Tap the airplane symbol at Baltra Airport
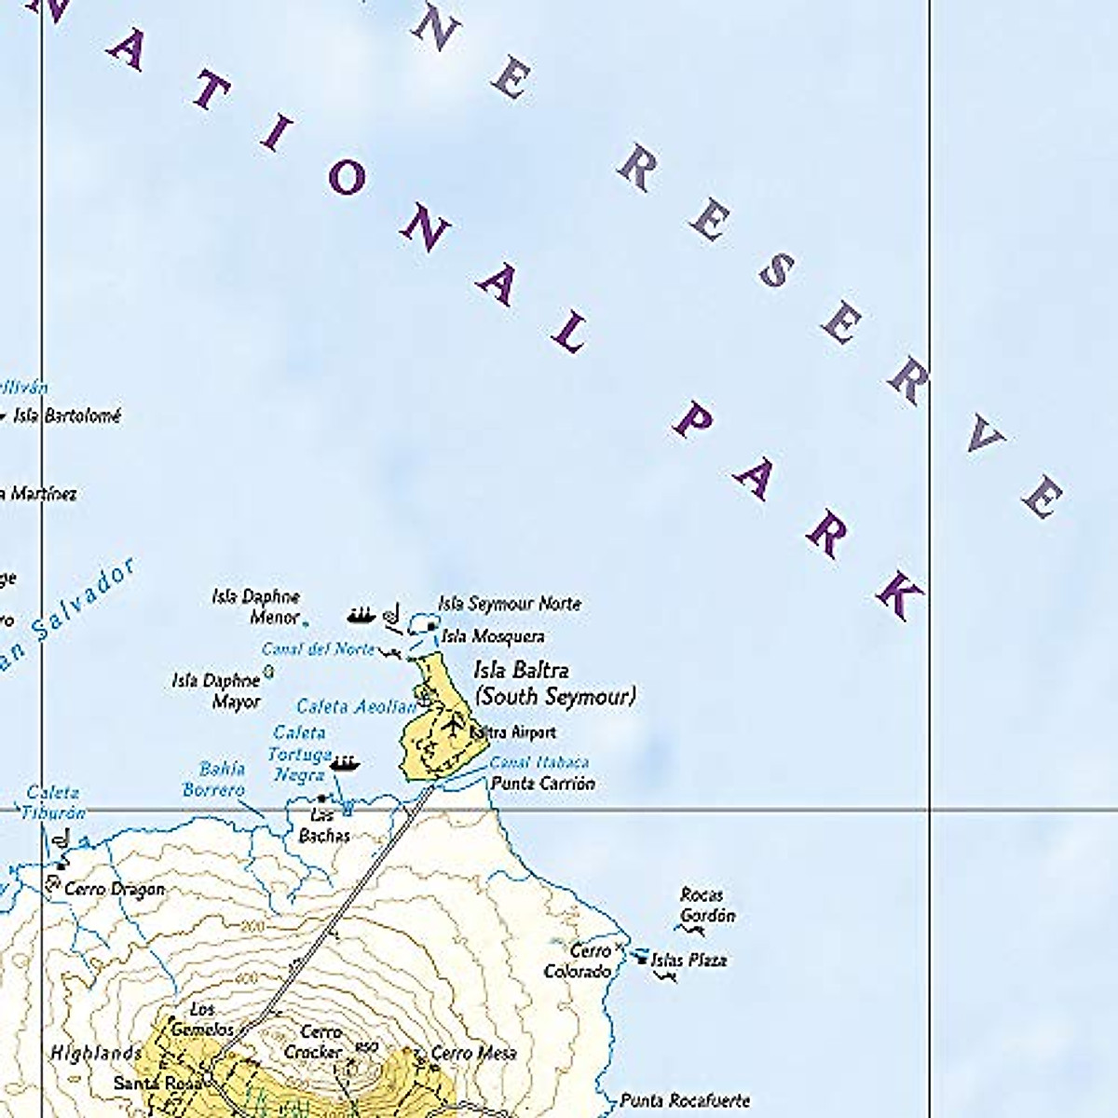tap(455, 723)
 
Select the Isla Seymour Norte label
tap(510, 604)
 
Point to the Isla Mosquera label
tap(493, 636)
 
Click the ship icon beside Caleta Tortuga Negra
tap(344, 764)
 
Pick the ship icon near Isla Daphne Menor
tap(361, 615)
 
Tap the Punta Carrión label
tap(542, 784)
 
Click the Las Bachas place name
tap(323, 825)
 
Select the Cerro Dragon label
tap(114, 889)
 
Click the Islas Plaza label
tap(689, 960)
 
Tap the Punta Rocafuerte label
tap(685, 1100)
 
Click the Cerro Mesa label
tap(473, 1053)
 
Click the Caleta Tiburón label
tap(55, 802)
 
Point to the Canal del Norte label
tap(318, 648)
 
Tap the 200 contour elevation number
tap(252, 926)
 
